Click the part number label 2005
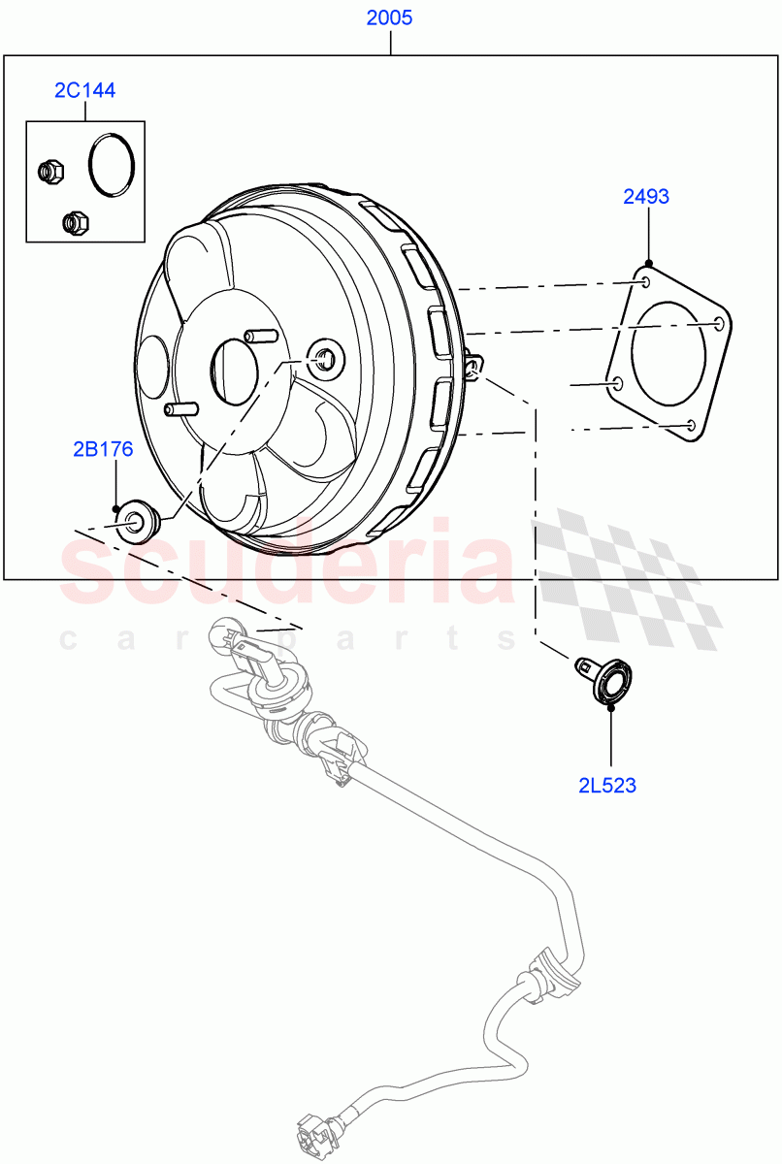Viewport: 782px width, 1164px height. point(390,17)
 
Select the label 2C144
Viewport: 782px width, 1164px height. point(84,90)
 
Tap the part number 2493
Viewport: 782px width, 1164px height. point(646,197)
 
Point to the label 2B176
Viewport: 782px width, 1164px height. point(103,449)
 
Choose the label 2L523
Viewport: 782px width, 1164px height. point(607,786)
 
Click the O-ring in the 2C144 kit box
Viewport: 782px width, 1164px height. point(112,166)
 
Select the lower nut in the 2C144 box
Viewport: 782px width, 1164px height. point(75,223)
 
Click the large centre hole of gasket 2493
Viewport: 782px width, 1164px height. point(668,354)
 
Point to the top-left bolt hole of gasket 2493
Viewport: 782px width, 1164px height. point(645,281)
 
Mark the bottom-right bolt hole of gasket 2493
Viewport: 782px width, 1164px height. point(689,424)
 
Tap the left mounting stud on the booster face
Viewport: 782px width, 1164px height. point(176,407)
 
